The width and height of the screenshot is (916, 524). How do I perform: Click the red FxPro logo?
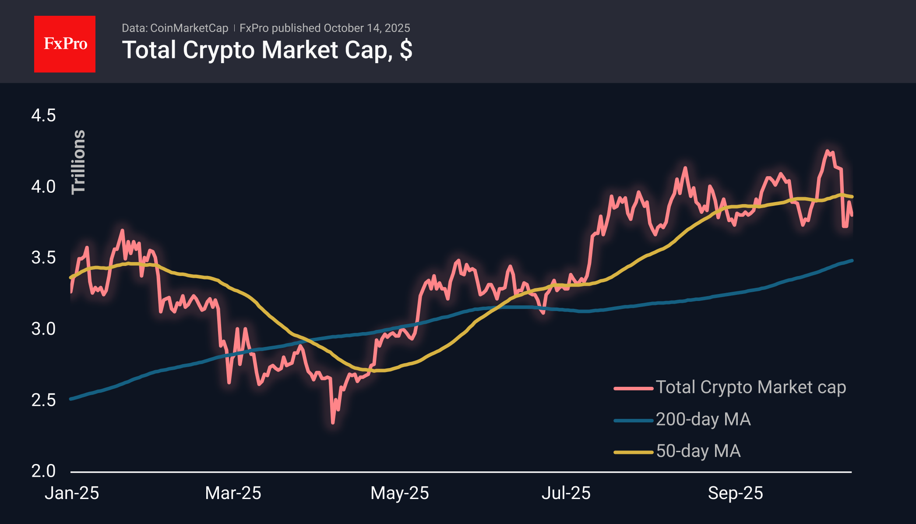(65, 44)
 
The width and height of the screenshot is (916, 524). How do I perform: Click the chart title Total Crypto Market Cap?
(267, 50)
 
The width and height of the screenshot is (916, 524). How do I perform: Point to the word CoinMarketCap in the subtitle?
(189, 28)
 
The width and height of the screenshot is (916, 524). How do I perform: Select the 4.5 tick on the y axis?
(43, 116)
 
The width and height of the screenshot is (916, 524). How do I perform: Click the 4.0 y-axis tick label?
(43, 187)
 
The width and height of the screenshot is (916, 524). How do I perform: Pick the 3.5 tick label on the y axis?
(43, 258)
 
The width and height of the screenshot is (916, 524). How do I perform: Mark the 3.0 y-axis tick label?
(43, 329)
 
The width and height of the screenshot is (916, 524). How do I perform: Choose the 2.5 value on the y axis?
(43, 400)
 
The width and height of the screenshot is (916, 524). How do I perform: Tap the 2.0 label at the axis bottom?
(43, 471)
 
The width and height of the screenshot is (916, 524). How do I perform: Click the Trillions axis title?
(78, 162)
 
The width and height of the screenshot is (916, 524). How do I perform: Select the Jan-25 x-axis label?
(72, 493)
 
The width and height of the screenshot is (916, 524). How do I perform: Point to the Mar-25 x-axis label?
(233, 493)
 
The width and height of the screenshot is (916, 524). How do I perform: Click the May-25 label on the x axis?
(399, 493)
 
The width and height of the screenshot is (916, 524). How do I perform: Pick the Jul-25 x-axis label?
(566, 493)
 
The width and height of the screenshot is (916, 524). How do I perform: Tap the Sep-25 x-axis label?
(735, 493)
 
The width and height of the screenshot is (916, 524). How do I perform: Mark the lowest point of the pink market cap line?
(333, 423)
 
